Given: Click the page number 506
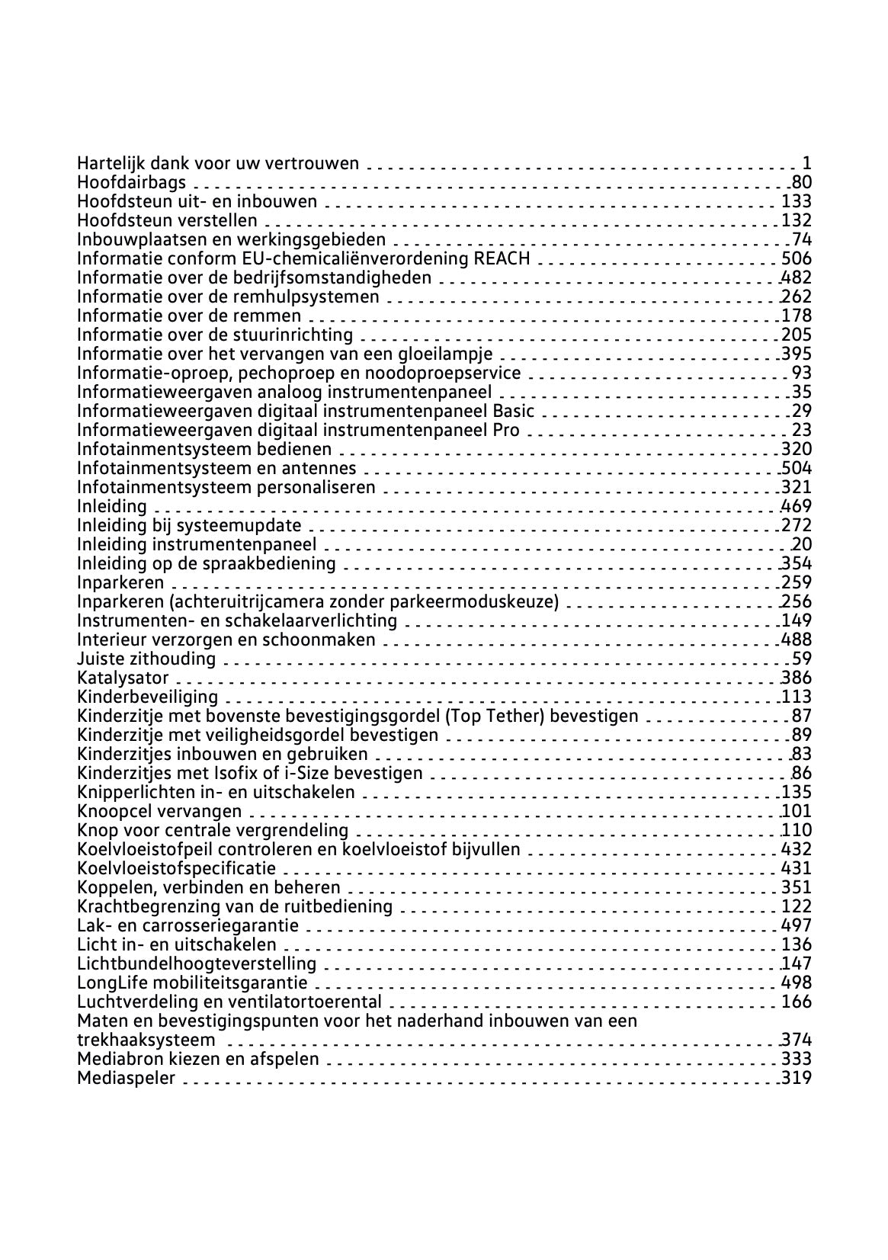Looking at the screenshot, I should (797, 258).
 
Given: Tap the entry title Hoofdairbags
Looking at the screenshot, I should (131, 182).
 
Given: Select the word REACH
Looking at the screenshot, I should (502, 258).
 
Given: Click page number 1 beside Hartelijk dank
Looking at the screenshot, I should (806, 163).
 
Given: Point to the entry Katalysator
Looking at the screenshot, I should (123, 678).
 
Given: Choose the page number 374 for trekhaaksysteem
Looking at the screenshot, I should (797, 1040).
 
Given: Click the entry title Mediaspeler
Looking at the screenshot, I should (126, 1078).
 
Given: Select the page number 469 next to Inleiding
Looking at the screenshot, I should (797, 506).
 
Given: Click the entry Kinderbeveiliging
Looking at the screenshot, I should (147, 697).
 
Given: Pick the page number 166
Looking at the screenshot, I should (797, 1002).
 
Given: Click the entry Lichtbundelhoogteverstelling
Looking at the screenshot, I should (197, 963).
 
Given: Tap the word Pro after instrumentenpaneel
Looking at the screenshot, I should (506, 430).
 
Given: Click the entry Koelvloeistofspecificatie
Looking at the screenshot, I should (177, 868).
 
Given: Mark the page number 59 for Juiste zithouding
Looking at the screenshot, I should (802, 659).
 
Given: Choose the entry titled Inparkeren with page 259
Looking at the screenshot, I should (120, 582).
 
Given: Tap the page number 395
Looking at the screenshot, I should (797, 354).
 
